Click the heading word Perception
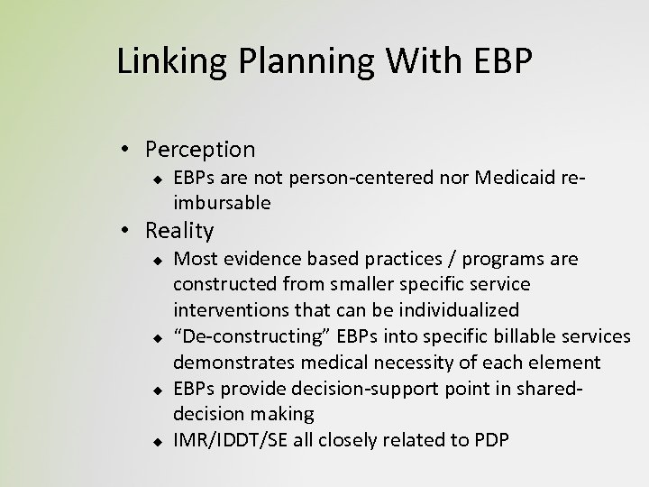point(200,149)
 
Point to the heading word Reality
point(180,230)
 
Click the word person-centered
point(366,178)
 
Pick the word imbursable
point(222,204)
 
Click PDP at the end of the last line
point(492,441)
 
